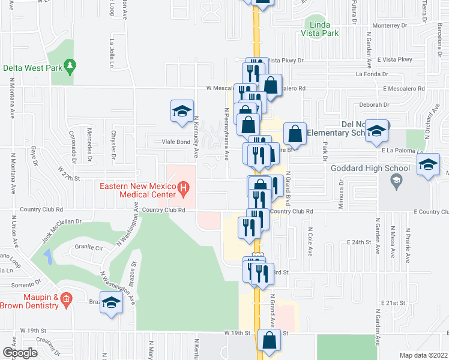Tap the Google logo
(20, 352)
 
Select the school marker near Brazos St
(112, 303)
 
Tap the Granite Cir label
(89, 247)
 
